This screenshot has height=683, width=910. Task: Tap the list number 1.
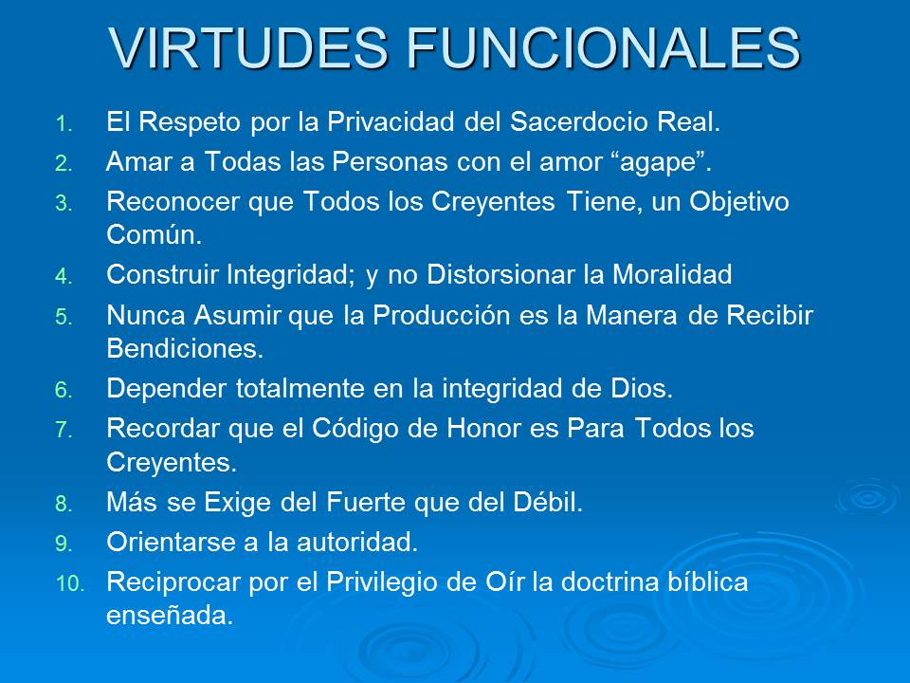click(x=62, y=123)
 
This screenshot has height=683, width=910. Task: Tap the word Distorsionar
click(x=514, y=275)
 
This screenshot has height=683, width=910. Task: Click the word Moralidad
click(x=670, y=275)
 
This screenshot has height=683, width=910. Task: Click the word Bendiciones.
click(x=185, y=348)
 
